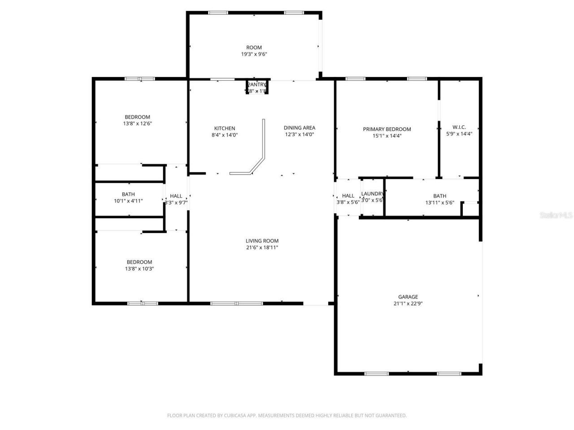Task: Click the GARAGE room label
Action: [408, 297]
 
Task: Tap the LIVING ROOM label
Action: [262, 241]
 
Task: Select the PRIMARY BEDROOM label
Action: [387, 129]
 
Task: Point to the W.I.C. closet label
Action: [459, 127]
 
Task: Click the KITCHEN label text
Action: [224, 128]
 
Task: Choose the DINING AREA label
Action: [299, 128]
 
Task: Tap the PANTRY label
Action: [257, 85]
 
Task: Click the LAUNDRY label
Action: [373, 193]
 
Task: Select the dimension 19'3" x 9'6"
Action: [254, 54]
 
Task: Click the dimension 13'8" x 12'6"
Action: [138, 124]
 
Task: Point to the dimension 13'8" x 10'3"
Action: [139, 269]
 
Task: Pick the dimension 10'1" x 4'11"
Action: [128, 201]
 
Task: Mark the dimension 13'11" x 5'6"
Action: [439, 202]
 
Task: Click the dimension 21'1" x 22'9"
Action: [408, 303]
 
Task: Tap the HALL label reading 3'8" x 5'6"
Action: [348, 196]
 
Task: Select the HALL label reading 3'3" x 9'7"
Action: [176, 196]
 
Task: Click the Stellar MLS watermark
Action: [556, 215]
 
